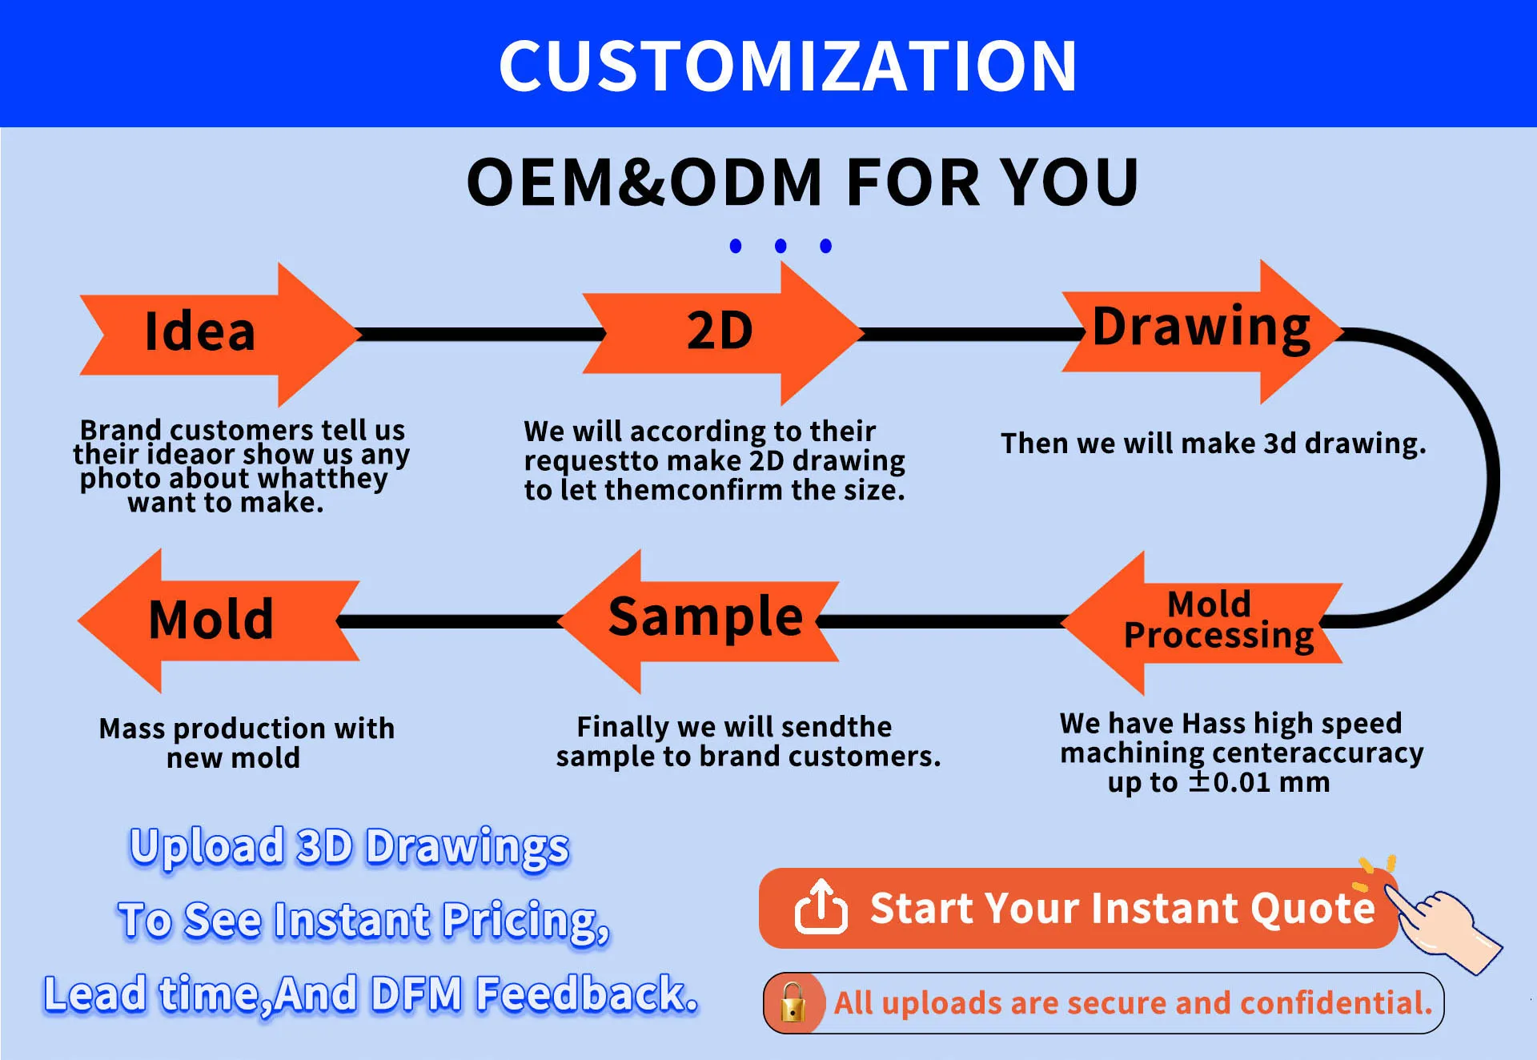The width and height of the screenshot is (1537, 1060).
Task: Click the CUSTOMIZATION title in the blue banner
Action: coord(788,66)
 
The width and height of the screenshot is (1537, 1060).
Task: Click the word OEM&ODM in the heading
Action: coord(644,182)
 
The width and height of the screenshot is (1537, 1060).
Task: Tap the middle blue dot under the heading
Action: coord(781,246)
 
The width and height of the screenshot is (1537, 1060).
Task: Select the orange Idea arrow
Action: coord(220,334)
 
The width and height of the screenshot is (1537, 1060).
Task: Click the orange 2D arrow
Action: coord(723,333)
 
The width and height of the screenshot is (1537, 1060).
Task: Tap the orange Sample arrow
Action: coord(698,620)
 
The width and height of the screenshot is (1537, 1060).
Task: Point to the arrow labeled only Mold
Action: coord(219,620)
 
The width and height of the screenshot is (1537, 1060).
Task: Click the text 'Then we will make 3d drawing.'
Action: coord(1214,444)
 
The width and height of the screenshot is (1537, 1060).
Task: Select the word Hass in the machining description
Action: coord(1214,723)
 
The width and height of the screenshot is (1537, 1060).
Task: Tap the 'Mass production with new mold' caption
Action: coord(247,743)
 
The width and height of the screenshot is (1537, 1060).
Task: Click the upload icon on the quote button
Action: coord(821,907)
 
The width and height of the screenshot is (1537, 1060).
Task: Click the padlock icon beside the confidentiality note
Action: coord(793,1002)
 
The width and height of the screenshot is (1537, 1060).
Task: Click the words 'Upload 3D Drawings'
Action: coord(349,847)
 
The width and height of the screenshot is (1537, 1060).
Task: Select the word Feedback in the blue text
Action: coord(587,994)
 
